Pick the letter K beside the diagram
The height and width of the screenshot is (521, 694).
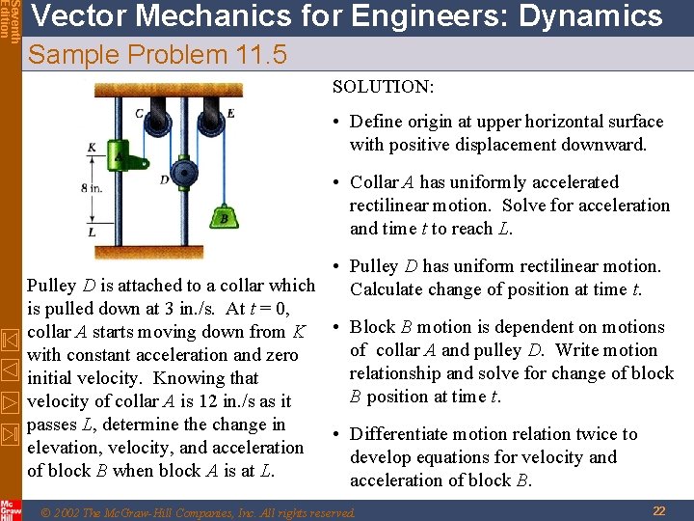pyautogui.click(x=91, y=148)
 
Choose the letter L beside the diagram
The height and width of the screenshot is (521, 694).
pyautogui.click(x=91, y=232)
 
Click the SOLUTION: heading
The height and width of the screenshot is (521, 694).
pyautogui.click(x=383, y=87)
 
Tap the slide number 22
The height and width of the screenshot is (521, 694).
pyautogui.click(x=659, y=510)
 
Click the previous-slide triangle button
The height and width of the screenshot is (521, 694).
pyautogui.click(x=10, y=369)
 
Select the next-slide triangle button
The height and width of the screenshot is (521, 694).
pyautogui.click(x=10, y=399)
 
